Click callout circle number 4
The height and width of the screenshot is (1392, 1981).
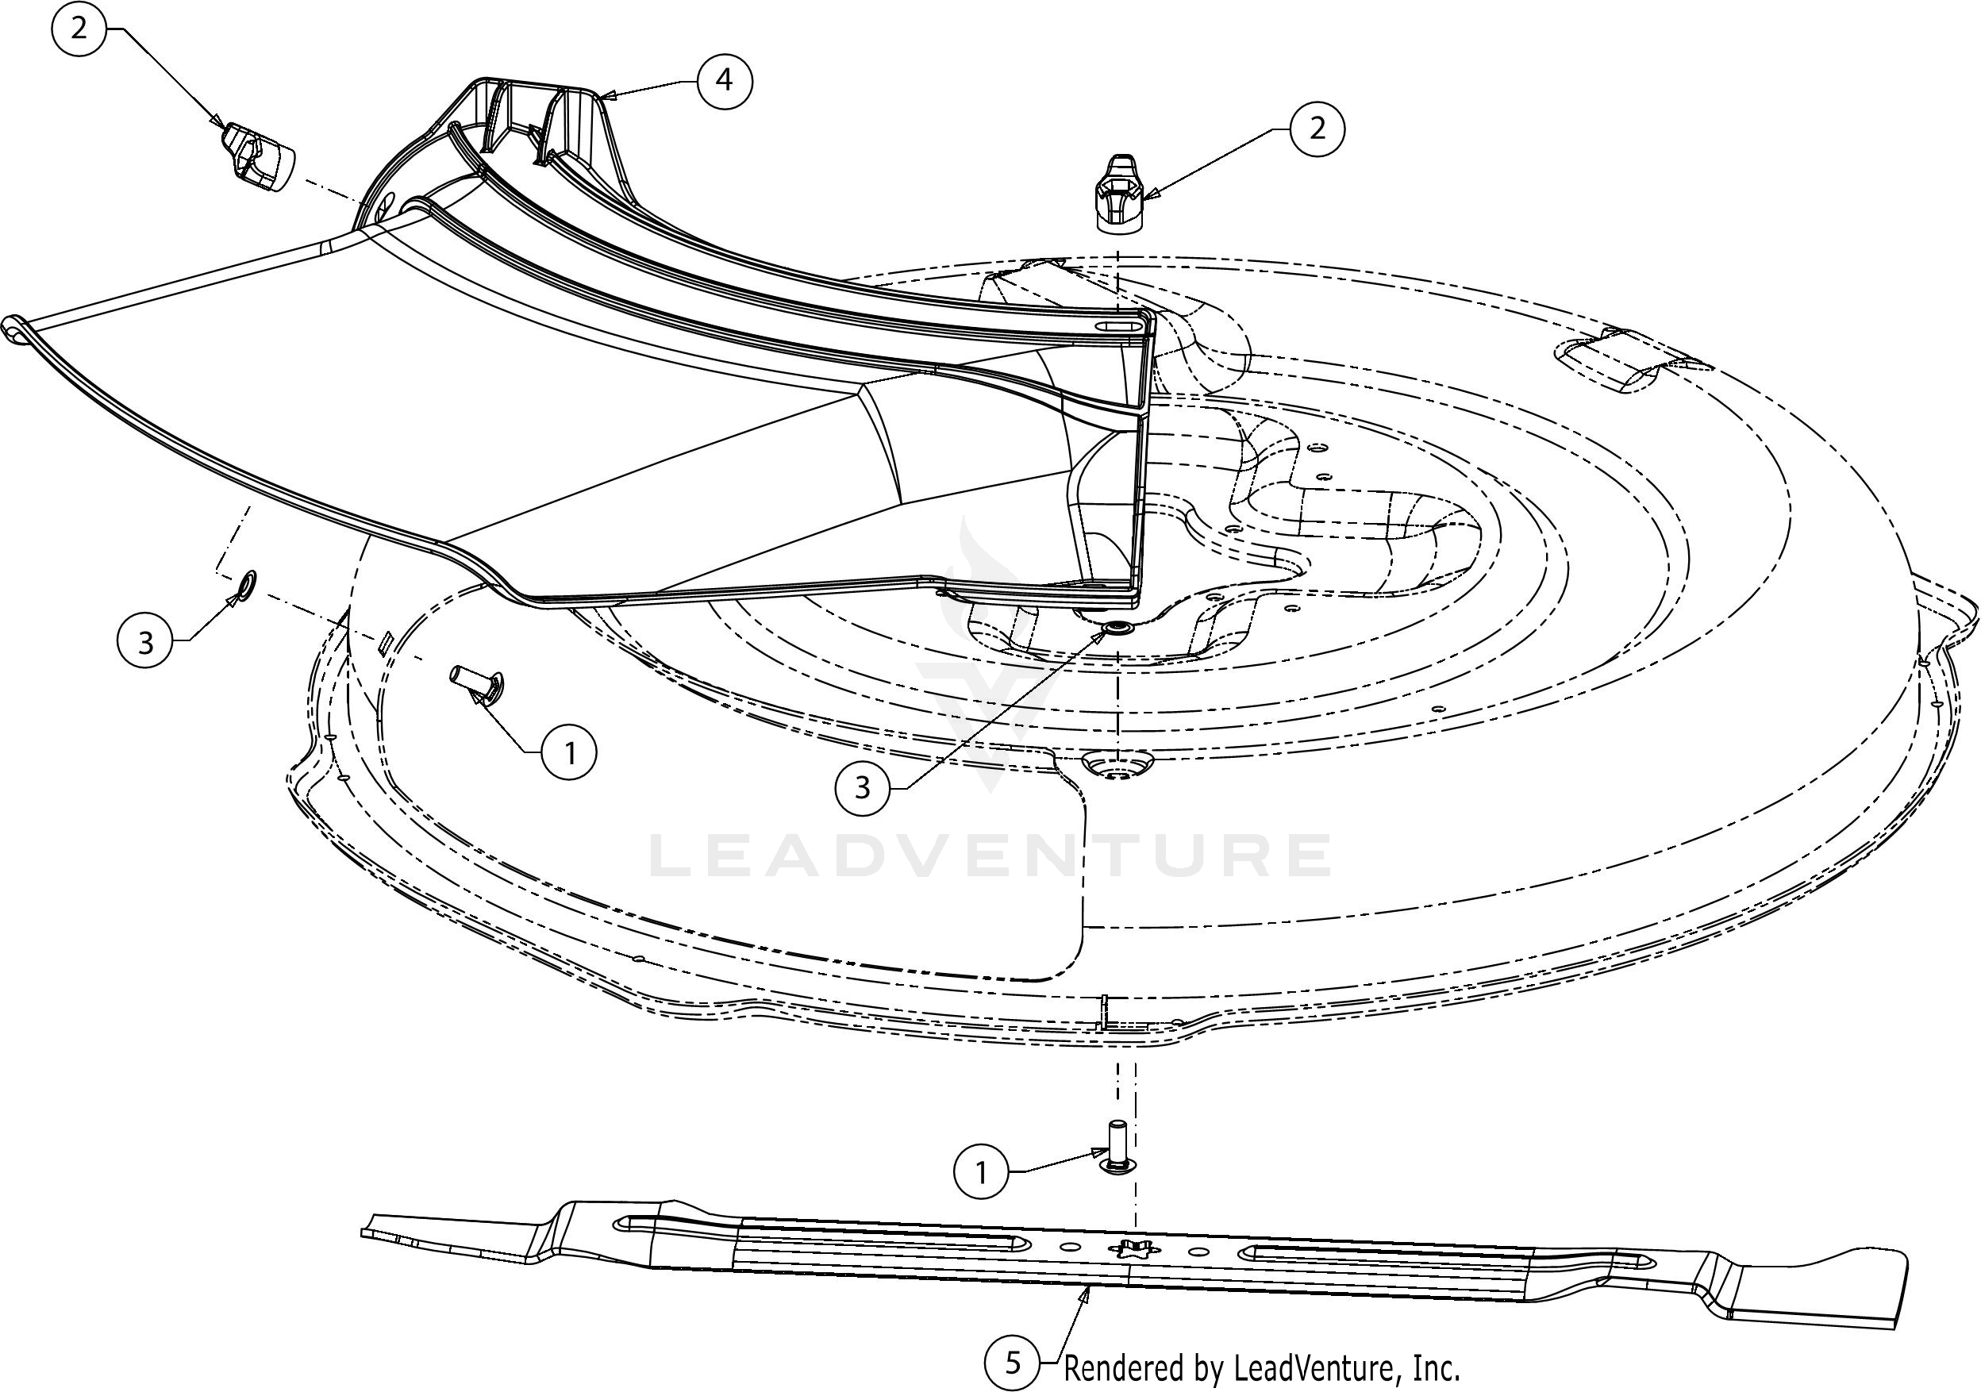tap(724, 81)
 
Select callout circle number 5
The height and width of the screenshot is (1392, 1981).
tap(1012, 1363)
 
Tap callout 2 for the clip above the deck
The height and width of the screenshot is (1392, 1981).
tap(1317, 129)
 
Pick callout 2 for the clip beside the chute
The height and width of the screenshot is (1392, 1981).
tap(79, 29)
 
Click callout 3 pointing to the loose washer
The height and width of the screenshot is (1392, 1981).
tap(145, 642)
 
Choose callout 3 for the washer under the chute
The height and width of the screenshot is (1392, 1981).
tap(862, 787)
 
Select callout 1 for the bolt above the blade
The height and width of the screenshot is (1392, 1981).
tap(980, 1173)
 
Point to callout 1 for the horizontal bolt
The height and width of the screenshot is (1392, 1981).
tap(569, 753)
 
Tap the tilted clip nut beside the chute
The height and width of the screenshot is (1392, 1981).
tap(256, 158)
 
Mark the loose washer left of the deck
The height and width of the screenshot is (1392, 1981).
tap(244, 585)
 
